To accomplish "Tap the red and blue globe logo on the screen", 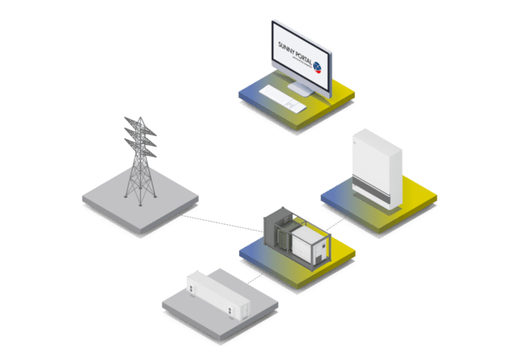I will (x=317, y=64).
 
